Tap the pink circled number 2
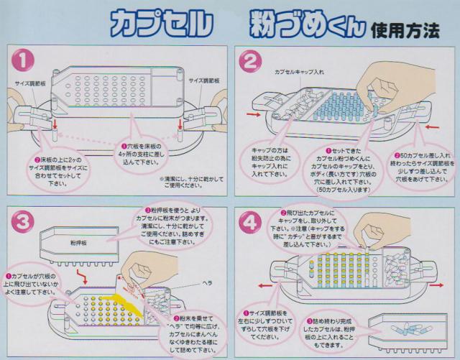(250, 63)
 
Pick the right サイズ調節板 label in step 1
(205, 80)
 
